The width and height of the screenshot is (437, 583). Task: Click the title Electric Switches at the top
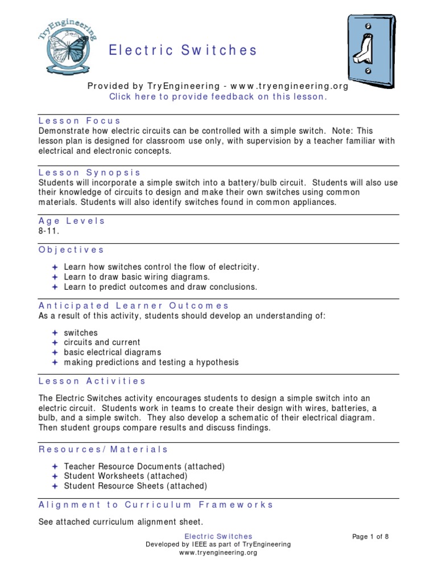click(183, 50)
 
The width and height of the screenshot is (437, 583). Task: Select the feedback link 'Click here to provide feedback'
click(218, 97)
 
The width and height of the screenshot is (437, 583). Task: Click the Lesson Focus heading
click(80, 121)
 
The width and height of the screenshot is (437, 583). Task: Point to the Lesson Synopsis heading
click(89, 173)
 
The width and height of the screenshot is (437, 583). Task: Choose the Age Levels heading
click(72, 221)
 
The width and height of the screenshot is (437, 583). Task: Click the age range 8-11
click(49, 231)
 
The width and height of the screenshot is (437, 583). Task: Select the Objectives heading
click(71, 249)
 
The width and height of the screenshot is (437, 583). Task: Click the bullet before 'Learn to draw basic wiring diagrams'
click(55, 277)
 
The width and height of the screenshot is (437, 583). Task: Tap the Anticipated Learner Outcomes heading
click(134, 306)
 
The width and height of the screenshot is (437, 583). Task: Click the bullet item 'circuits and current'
click(102, 343)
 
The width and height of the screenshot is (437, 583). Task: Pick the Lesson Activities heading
click(92, 381)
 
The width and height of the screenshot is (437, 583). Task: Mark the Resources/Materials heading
click(104, 449)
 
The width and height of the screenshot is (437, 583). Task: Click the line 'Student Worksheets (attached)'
click(125, 476)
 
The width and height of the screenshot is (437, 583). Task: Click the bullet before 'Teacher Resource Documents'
click(55, 466)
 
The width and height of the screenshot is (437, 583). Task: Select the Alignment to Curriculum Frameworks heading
click(156, 504)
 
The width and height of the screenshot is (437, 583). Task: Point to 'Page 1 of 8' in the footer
click(371, 536)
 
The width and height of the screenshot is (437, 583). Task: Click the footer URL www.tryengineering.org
click(218, 552)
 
